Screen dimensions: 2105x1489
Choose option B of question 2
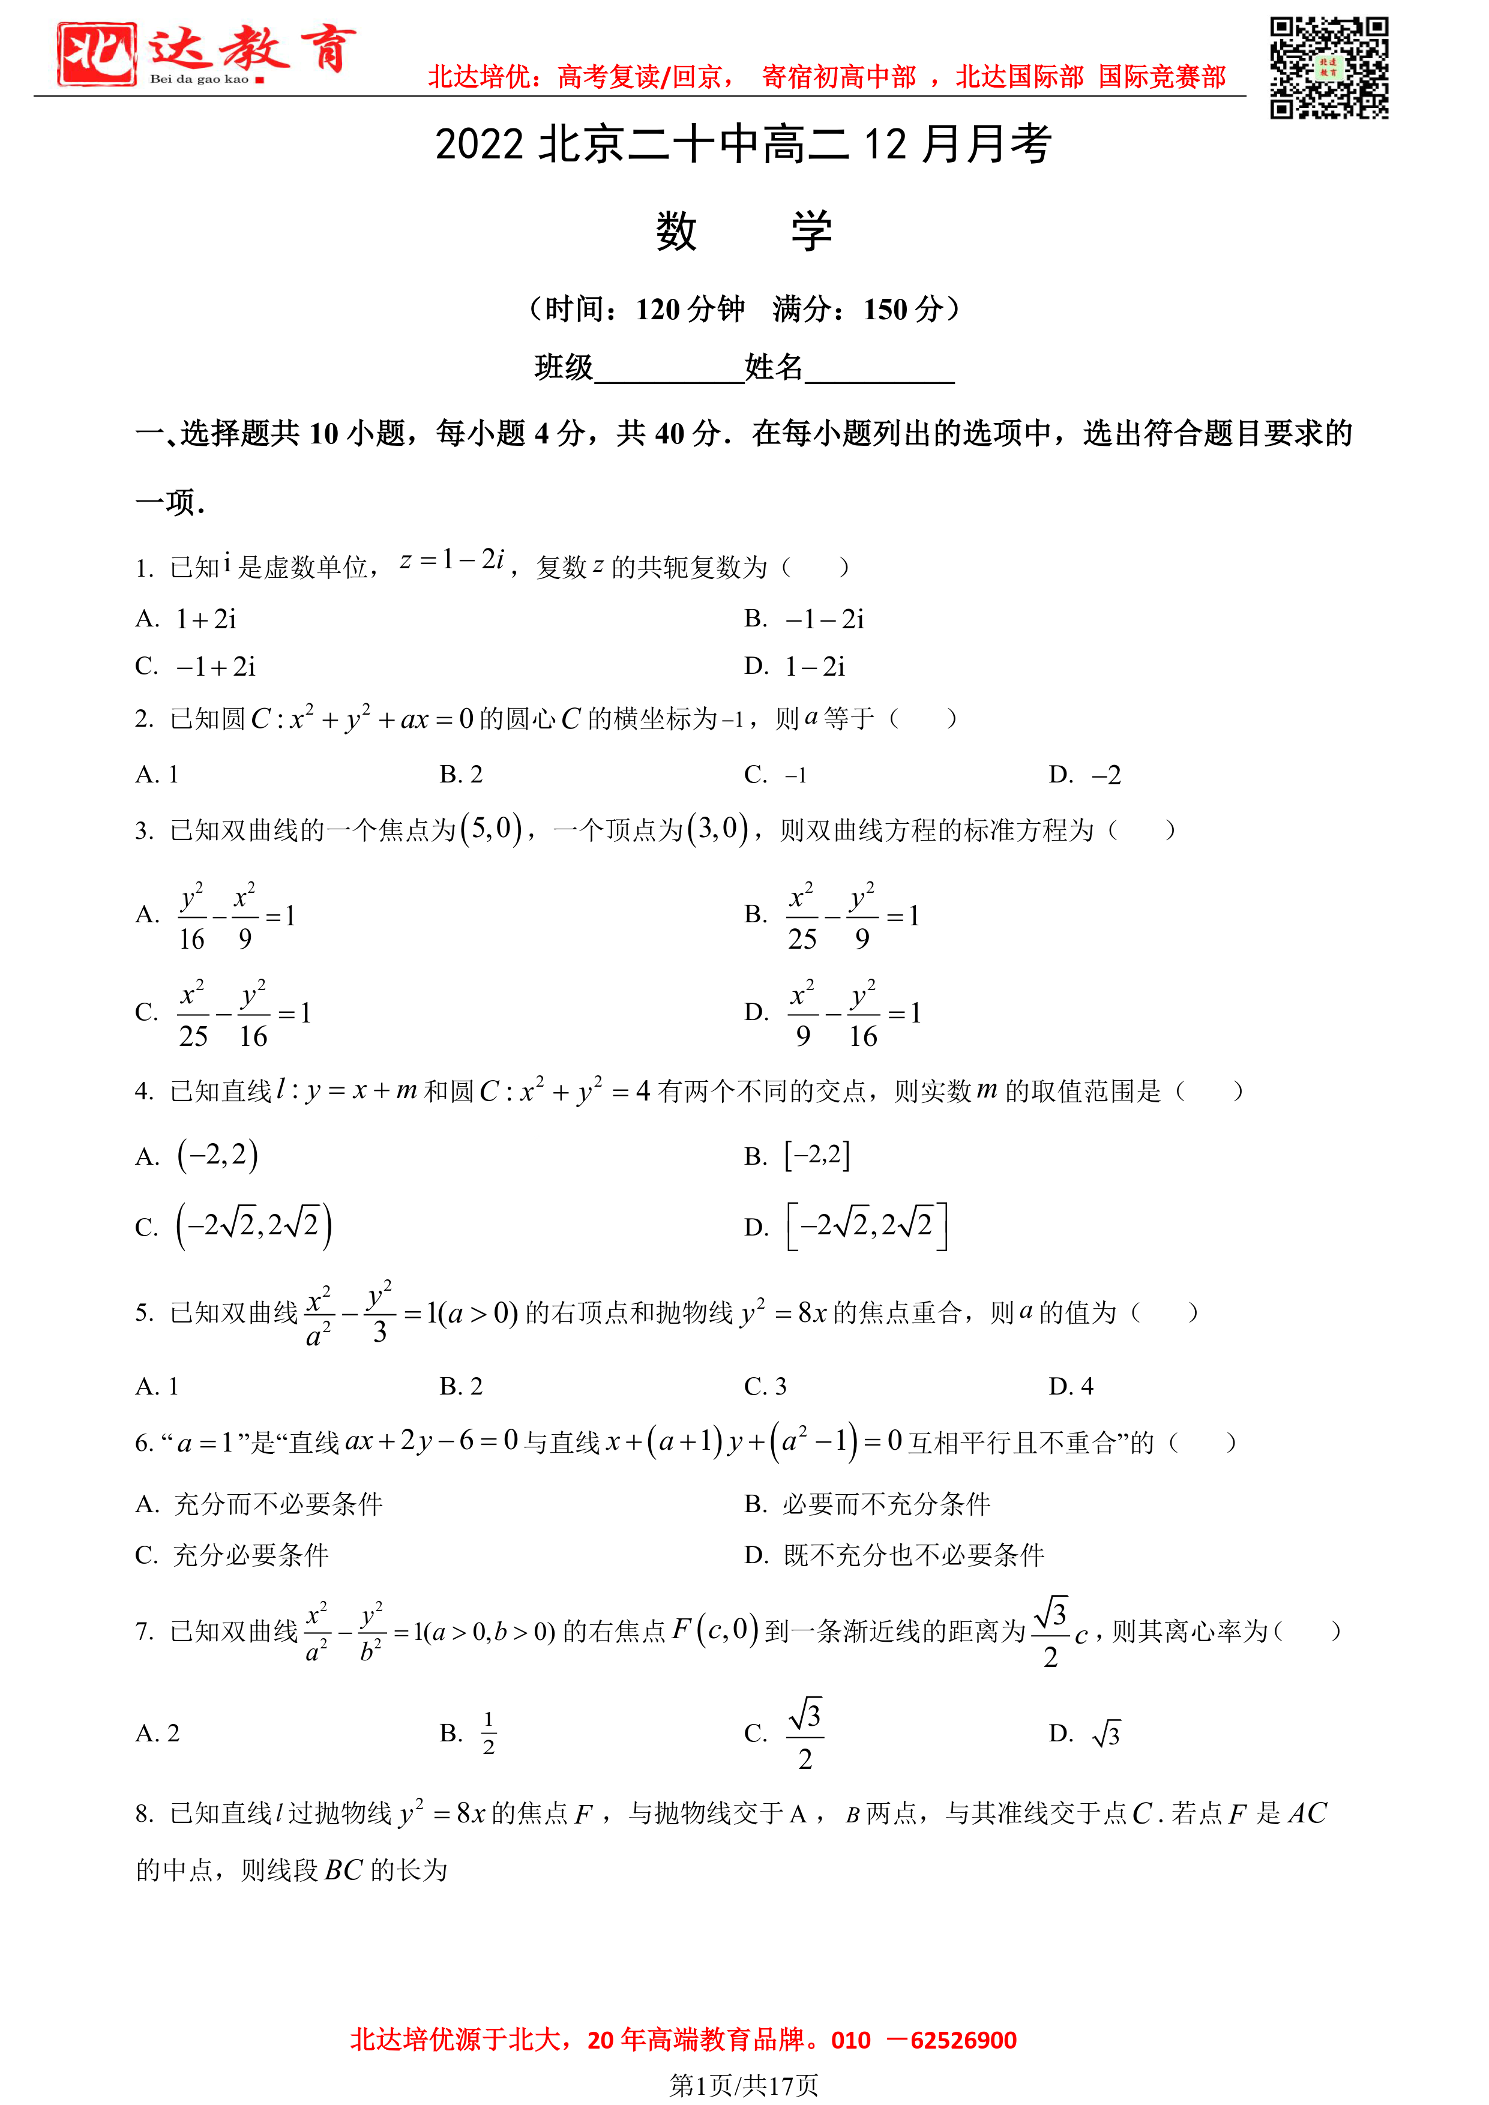coord(461,775)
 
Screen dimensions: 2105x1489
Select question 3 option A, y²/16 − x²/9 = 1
coord(236,916)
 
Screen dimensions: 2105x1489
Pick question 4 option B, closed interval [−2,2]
coord(816,1155)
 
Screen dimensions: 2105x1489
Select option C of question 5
coord(766,1386)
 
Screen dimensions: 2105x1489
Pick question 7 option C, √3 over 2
coord(804,1734)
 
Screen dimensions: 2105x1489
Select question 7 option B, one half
coord(488,1733)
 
